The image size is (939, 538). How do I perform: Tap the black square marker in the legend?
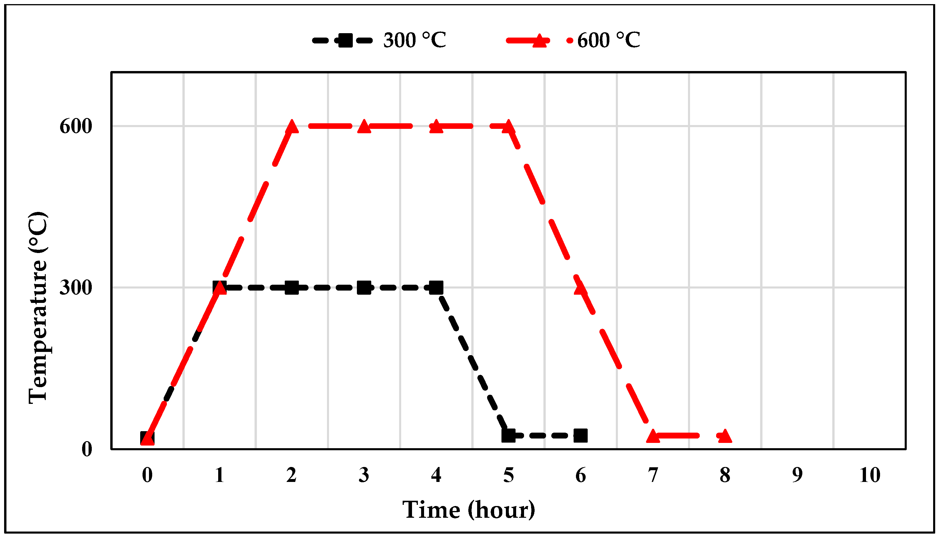click(345, 40)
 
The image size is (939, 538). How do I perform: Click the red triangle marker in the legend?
click(539, 40)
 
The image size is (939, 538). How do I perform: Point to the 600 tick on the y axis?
click(76, 127)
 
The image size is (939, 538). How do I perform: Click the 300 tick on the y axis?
click(76, 287)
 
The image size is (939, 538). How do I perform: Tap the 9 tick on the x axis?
click(797, 475)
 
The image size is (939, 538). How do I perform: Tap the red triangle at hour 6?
click(581, 287)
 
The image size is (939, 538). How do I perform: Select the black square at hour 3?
click(364, 287)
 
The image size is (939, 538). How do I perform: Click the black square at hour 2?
click(291, 287)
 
